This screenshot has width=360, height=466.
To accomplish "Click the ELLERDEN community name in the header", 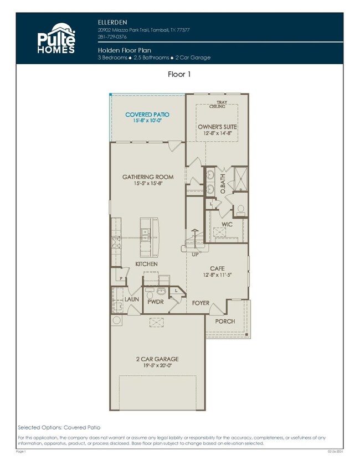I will click(110, 22).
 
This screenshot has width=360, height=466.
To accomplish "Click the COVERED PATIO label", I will click(147, 115).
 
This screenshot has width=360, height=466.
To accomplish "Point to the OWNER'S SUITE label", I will click(218, 127).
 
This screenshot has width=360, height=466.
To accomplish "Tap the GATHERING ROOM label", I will click(148, 177).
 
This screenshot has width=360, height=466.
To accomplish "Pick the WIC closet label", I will click(227, 224).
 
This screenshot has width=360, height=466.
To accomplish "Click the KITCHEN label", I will click(147, 264).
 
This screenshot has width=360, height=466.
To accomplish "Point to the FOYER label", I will click(201, 303).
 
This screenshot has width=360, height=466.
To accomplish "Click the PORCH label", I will click(225, 321).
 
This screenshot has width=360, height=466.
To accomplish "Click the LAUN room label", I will click(132, 299).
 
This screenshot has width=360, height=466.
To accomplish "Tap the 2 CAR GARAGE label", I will click(157, 359).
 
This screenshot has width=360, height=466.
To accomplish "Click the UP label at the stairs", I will click(195, 255).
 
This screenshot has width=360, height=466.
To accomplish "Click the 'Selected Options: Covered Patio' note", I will click(59, 427).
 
